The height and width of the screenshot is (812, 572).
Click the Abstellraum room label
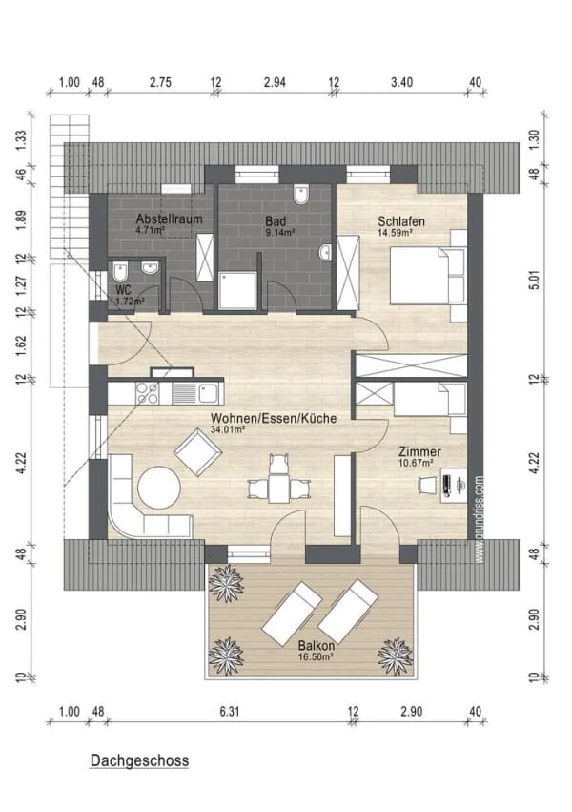coord(169,219)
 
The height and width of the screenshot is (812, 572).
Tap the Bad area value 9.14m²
coord(280,233)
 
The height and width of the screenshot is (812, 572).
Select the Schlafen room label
coord(401,221)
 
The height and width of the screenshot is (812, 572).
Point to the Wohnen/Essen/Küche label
coord(274,418)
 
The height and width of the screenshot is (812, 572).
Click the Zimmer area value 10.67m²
coord(416,464)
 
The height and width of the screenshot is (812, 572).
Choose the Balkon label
coord(316,646)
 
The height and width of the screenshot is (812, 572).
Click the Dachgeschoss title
coord(139,760)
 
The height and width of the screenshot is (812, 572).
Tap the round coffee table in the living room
coord(159,488)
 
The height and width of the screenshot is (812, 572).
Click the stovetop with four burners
coord(147,393)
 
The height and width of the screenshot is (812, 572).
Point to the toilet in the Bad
coord(300,194)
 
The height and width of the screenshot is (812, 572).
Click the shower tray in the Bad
coord(237,290)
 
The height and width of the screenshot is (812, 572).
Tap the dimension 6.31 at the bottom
coord(230,712)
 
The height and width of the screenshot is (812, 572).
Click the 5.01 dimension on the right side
coord(534,280)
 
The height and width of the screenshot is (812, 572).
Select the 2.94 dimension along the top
coord(275,82)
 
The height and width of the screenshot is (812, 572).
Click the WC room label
coord(124,289)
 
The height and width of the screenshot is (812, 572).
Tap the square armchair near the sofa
coord(198,452)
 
